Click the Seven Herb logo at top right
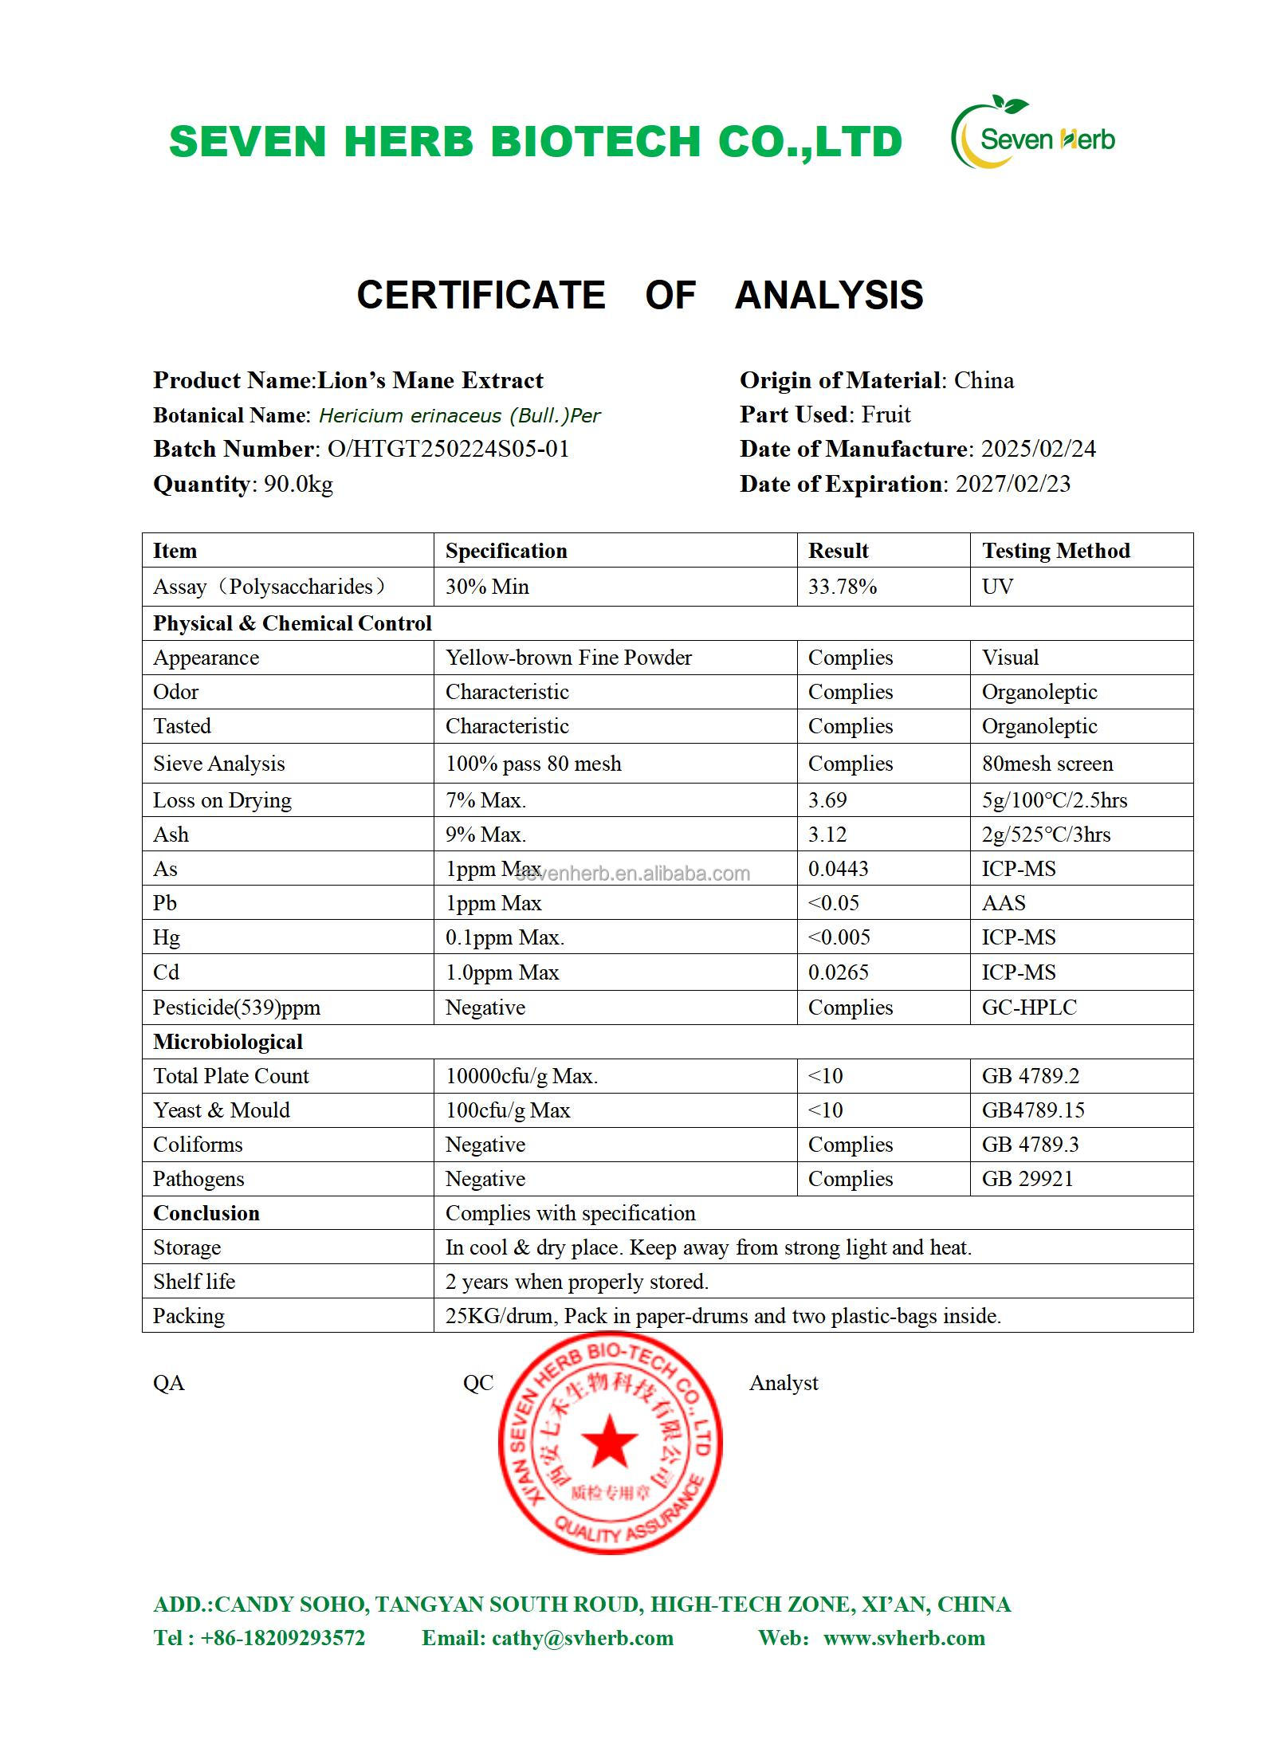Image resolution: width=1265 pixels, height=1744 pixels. tap(1032, 134)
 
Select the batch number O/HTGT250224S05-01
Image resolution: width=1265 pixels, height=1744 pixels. tap(448, 449)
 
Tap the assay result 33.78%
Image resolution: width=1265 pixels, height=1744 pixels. tap(843, 587)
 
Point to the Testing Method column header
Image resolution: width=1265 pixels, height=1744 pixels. tap(1055, 551)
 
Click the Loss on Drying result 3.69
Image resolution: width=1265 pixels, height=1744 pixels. tap(827, 800)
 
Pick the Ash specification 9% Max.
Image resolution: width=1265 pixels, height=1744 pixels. tap(485, 835)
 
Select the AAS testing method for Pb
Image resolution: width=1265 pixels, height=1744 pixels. tap(1004, 903)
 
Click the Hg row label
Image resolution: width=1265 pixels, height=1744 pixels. tap(167, 937)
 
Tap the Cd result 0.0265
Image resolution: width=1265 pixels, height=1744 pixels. tap(839, 972)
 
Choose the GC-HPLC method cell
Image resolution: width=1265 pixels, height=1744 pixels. tap(1029, 1008)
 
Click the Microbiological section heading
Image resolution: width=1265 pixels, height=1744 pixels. tap(228, 1042)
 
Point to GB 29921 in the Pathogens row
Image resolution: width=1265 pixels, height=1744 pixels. tap(1027, 1179)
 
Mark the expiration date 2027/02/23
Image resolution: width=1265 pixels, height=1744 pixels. tap(1013, 484)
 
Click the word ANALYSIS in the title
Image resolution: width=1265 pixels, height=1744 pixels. tap(829, 295)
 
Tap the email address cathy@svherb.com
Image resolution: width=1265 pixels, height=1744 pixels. tap(583, 1638)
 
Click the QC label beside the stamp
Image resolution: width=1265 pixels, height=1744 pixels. tap(478, 1383)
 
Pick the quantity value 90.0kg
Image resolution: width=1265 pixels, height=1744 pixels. tap(298, 484)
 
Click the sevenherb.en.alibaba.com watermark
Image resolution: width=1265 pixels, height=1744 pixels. tap(634, 874)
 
